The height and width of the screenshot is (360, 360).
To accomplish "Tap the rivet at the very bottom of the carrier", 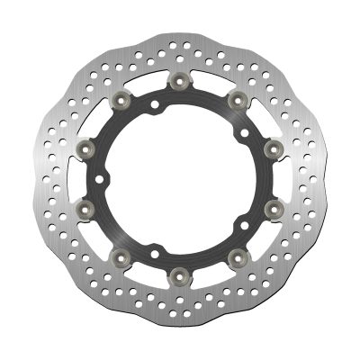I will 180,272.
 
